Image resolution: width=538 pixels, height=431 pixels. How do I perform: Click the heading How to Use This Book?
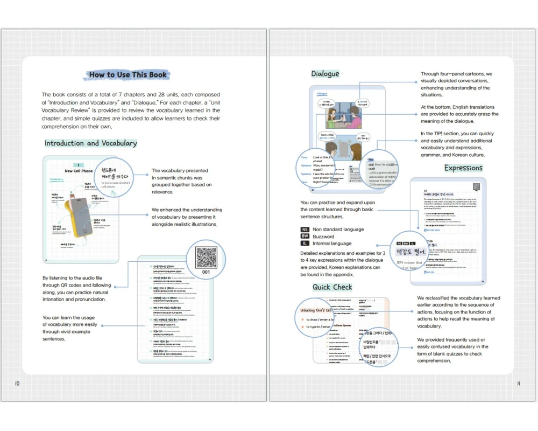pos(129,75)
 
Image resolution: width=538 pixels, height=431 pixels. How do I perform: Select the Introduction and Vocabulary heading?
pos(90,143)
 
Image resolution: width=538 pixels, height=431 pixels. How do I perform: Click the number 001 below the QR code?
pos(206,273)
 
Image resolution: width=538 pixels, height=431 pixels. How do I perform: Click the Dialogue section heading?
pos(325,74)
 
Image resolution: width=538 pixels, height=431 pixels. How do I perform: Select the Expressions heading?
pos(463,168)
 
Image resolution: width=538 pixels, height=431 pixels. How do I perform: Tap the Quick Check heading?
pos(332,287)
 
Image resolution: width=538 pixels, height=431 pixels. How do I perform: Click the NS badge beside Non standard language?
pos(305,230)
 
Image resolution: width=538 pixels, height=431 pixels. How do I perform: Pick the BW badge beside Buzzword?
pos(305,237)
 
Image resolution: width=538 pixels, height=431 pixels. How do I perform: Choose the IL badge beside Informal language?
pos(305,244)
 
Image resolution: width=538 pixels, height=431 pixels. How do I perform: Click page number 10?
pos(17,384)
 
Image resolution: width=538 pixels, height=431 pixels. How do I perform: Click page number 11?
pos(518,384)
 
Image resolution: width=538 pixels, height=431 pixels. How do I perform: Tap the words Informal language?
pos(331,244)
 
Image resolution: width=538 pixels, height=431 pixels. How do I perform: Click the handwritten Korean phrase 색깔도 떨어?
pos(411,252)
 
